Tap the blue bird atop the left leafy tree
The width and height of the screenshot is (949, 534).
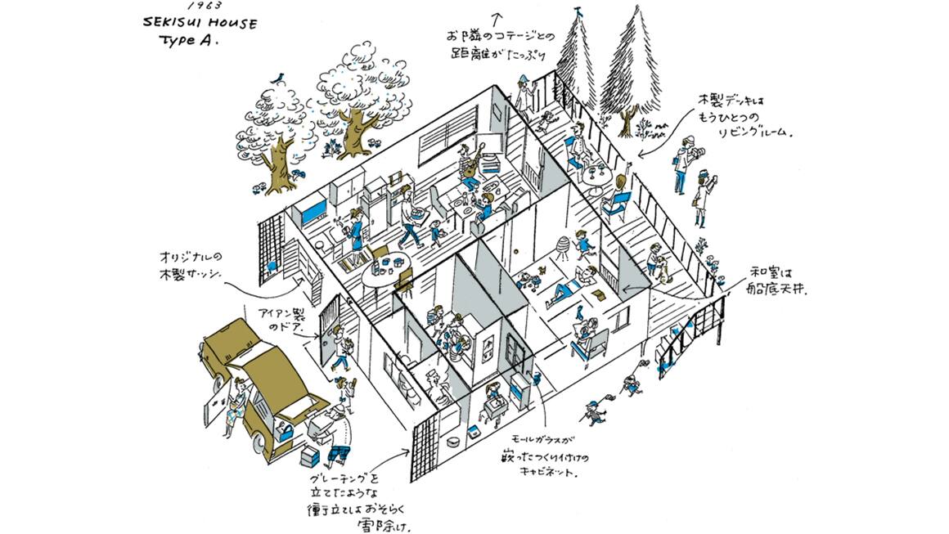(281, 76)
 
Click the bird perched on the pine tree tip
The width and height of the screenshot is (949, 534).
(579, 11)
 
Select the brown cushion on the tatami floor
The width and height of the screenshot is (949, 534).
(598, 292)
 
